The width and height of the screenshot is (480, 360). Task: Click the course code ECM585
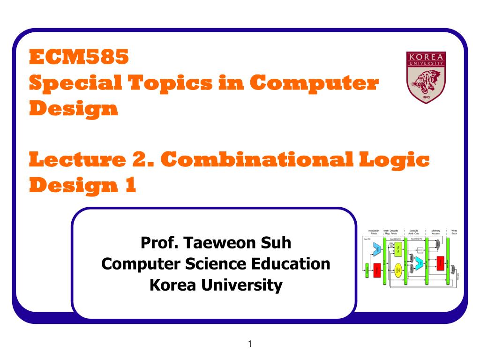79,58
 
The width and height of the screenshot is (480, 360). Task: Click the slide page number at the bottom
250,345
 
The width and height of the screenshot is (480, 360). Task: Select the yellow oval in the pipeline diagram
398,269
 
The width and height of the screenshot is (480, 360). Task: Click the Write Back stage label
454,232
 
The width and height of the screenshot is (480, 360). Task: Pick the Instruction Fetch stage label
374,232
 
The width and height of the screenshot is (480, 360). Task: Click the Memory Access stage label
435,232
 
